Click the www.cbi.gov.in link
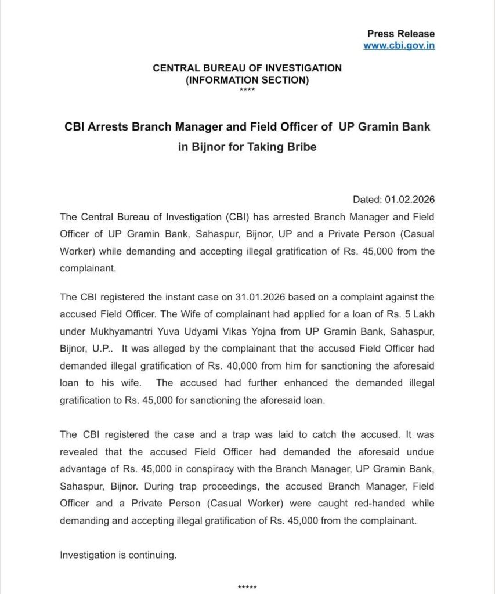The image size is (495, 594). click(x=399, y=45)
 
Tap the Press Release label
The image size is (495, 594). click(x=400, y=34)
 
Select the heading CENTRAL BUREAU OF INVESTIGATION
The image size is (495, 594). click(x=247, y=68)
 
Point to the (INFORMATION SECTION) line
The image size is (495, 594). click(x=247, y=80)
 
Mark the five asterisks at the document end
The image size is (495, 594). click(x=247, y=587)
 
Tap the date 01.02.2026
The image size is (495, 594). click(x=410, y=200)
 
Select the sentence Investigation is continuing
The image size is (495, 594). click(x=118, y=555)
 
